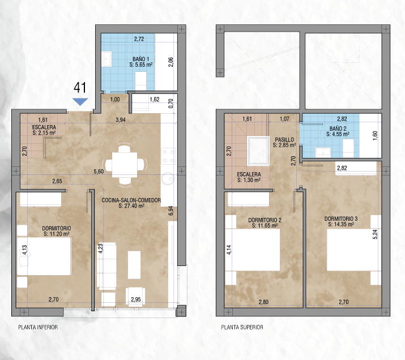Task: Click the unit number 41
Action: pos(80,88)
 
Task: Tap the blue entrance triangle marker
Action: pos(80,101)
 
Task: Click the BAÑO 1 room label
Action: pos(141,62)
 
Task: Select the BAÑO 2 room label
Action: pos(338,131)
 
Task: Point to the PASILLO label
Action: pos(284,143)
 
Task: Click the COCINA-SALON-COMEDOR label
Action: pos(131,203)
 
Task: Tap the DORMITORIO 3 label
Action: pos(341,221)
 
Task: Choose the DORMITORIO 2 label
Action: pos(265,222)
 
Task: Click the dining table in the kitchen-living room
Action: pos(125,165)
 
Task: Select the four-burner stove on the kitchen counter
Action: pos(168,156)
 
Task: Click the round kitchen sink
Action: pos(168,178)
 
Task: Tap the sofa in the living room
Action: pos(106,265)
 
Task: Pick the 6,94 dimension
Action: pos(170,211)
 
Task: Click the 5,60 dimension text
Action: pos(99,172)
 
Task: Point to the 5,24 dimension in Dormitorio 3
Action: pos(375,234)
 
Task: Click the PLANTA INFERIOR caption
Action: pos(38,327)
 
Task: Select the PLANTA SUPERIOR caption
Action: pos(242,327)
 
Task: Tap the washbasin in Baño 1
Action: pos(107,59)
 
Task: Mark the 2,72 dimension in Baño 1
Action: pos(139,39)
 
